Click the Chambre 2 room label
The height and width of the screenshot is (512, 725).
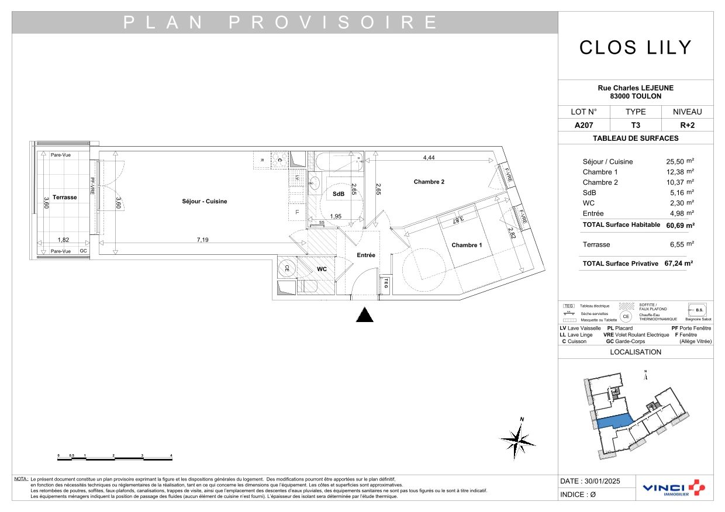click(x=429, y=182)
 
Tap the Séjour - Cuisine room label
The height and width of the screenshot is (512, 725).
click(x=204, y=202)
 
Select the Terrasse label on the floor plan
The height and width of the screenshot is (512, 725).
click(x=64, y=198)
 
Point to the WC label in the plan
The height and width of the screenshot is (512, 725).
click(x=322, y=269)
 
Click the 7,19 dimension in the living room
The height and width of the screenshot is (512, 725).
click(x=203, y=240)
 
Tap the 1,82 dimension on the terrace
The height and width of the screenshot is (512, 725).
click(x=64, y=240)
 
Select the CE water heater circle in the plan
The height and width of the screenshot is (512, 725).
click(x=286, y=269)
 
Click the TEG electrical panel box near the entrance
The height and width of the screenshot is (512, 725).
click(x=385, y=284)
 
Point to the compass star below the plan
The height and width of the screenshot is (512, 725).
click(x=517, y=439)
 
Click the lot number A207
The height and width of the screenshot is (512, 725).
click(x=584, y=125)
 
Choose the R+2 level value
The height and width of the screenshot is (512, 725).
click(x=688, y=125)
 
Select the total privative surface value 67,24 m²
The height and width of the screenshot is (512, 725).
click(x=678, y=264)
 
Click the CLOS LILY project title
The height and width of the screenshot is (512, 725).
click(x=636, y=47)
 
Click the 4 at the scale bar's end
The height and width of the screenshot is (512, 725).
click(x=171, y=455)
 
